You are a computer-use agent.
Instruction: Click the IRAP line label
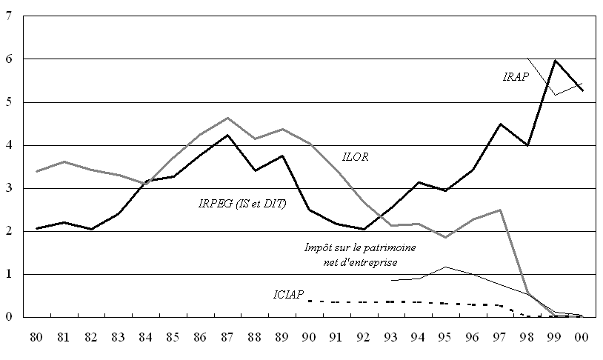(514, 76)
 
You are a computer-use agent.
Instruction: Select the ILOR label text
(355, 157)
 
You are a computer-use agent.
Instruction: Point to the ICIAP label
(288, 295)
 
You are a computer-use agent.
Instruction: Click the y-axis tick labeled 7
(8, 16)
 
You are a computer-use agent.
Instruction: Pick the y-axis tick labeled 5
(8, 102)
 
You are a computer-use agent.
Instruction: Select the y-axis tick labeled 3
(8, 188)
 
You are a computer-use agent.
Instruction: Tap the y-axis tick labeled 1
(8, 274)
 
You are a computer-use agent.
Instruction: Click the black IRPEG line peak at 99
(556, 61)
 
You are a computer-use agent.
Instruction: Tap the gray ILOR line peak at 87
(227, 118)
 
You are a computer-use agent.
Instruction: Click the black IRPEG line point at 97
(501, 124)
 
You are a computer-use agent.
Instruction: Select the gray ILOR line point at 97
(501, 210)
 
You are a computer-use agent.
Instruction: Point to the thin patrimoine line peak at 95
(446, 267)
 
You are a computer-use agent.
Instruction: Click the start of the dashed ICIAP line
(309, 301)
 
